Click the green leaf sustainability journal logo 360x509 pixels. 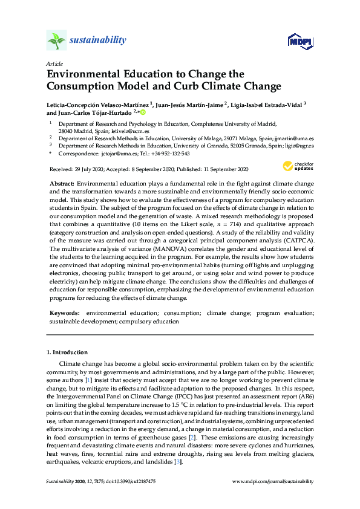pos(56,41)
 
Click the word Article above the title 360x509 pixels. pos(54,63)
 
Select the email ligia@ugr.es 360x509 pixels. pos(296,145)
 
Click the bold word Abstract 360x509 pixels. pos(61,183)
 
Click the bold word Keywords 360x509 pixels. pos(65,313)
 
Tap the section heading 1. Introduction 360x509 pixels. pos(67,352)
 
